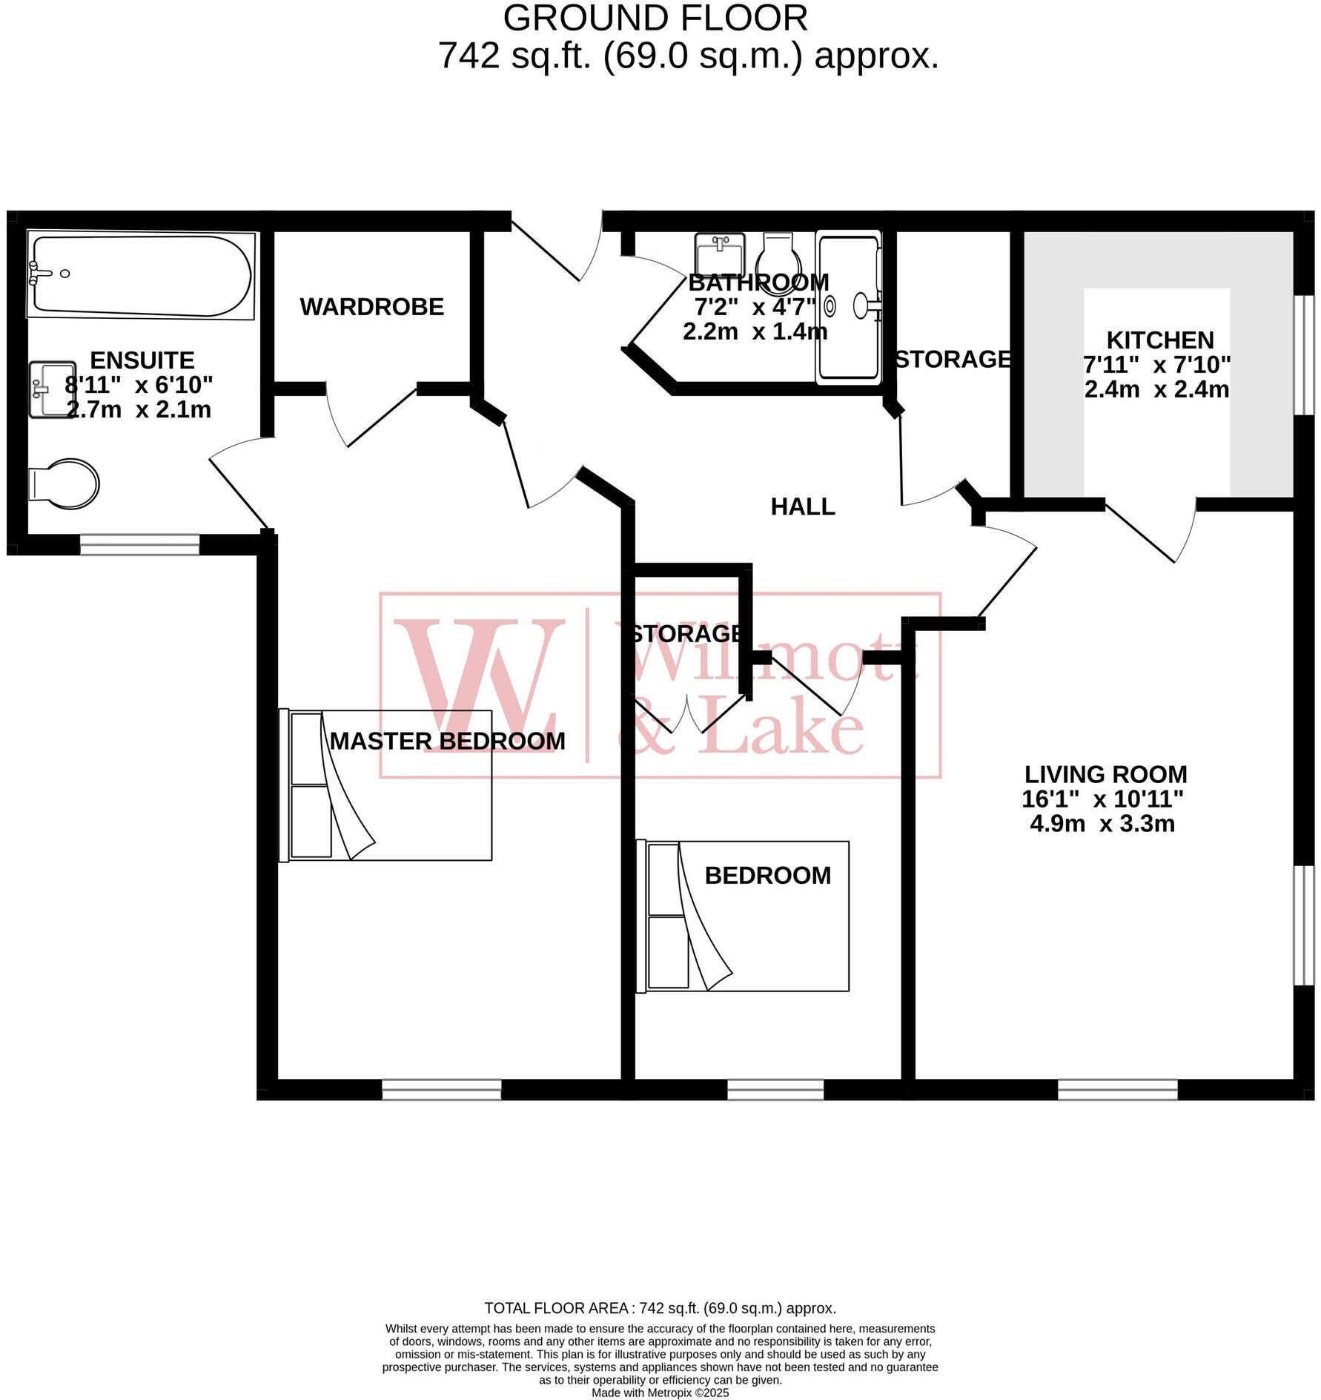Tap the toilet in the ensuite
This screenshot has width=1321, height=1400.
[65, 484]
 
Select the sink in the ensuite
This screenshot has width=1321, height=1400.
[52, 389]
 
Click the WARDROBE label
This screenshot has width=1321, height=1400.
[371, 307]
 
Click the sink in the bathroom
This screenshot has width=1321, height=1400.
[719, 254]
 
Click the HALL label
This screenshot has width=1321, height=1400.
[802, 507]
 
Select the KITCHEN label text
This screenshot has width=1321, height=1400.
[1159, 340]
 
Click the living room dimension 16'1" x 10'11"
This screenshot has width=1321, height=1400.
[1102, 799]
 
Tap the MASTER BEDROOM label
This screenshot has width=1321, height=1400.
[447, 742]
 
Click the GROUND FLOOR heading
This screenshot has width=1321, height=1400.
[655, 19]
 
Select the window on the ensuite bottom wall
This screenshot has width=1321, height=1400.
[139, 545]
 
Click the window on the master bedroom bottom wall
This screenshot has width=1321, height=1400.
[442, 1089]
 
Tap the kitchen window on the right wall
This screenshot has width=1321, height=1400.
[1303, 355]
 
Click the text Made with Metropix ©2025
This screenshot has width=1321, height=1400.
[660, 1393]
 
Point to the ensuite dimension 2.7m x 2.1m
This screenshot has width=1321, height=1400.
[139, 410]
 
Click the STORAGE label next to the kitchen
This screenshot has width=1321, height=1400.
[953, 360]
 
